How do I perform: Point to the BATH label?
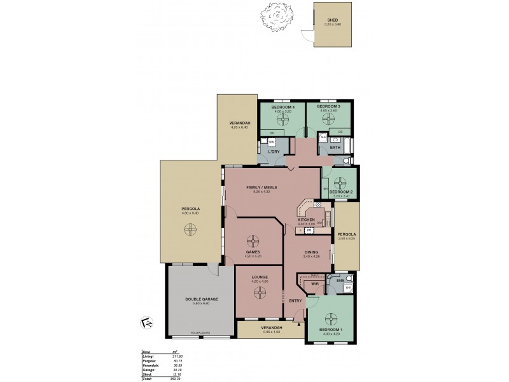(335, 148)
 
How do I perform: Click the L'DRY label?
(275, 152)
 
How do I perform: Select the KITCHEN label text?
(306, 220)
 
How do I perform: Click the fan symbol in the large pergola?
(189, 232)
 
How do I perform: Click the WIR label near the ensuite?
(314, 284)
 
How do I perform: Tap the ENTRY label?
(295, 301)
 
